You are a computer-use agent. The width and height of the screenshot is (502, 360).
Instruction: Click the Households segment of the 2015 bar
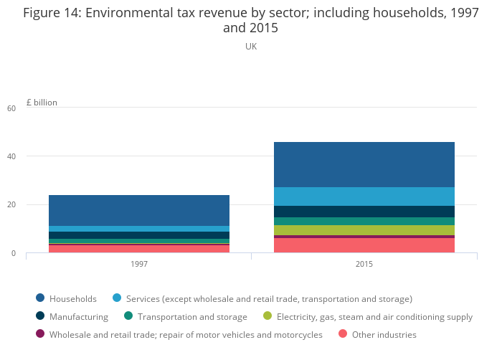coord(364,164)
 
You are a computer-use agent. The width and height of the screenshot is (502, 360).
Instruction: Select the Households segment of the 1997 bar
coord(139,210)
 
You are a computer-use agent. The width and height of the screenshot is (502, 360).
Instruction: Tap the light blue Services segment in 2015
coord(364,196)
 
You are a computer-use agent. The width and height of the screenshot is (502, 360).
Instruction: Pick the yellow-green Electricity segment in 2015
coord(364,230)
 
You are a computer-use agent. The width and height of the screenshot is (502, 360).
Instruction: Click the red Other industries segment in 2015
coord(364,245)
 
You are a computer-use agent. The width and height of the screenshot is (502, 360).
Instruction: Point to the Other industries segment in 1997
coord(139,249)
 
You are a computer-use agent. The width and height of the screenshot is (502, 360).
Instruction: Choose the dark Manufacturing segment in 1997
coord(139,235)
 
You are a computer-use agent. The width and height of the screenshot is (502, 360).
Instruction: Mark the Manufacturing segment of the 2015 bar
coord(364,212)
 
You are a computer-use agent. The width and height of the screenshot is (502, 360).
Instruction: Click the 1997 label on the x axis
coord(139,265)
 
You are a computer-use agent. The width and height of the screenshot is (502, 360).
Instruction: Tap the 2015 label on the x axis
coord(364,265)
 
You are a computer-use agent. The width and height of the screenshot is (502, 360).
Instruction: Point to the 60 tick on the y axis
coord(11,108)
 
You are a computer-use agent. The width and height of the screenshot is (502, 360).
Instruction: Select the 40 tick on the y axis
coord(11,156)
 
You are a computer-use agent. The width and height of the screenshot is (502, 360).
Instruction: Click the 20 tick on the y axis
coord(11,205)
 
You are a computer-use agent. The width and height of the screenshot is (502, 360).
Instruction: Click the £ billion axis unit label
coord(42,103)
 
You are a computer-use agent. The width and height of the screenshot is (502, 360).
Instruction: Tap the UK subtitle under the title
coord(251,47)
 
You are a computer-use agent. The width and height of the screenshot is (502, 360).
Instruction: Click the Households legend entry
coord(72,298)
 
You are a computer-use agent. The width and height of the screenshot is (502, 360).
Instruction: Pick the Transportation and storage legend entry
coord(192,316)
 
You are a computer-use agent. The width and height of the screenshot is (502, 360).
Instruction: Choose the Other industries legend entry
coord(384,334)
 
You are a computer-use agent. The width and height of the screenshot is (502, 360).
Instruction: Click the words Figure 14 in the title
coord(51,13)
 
